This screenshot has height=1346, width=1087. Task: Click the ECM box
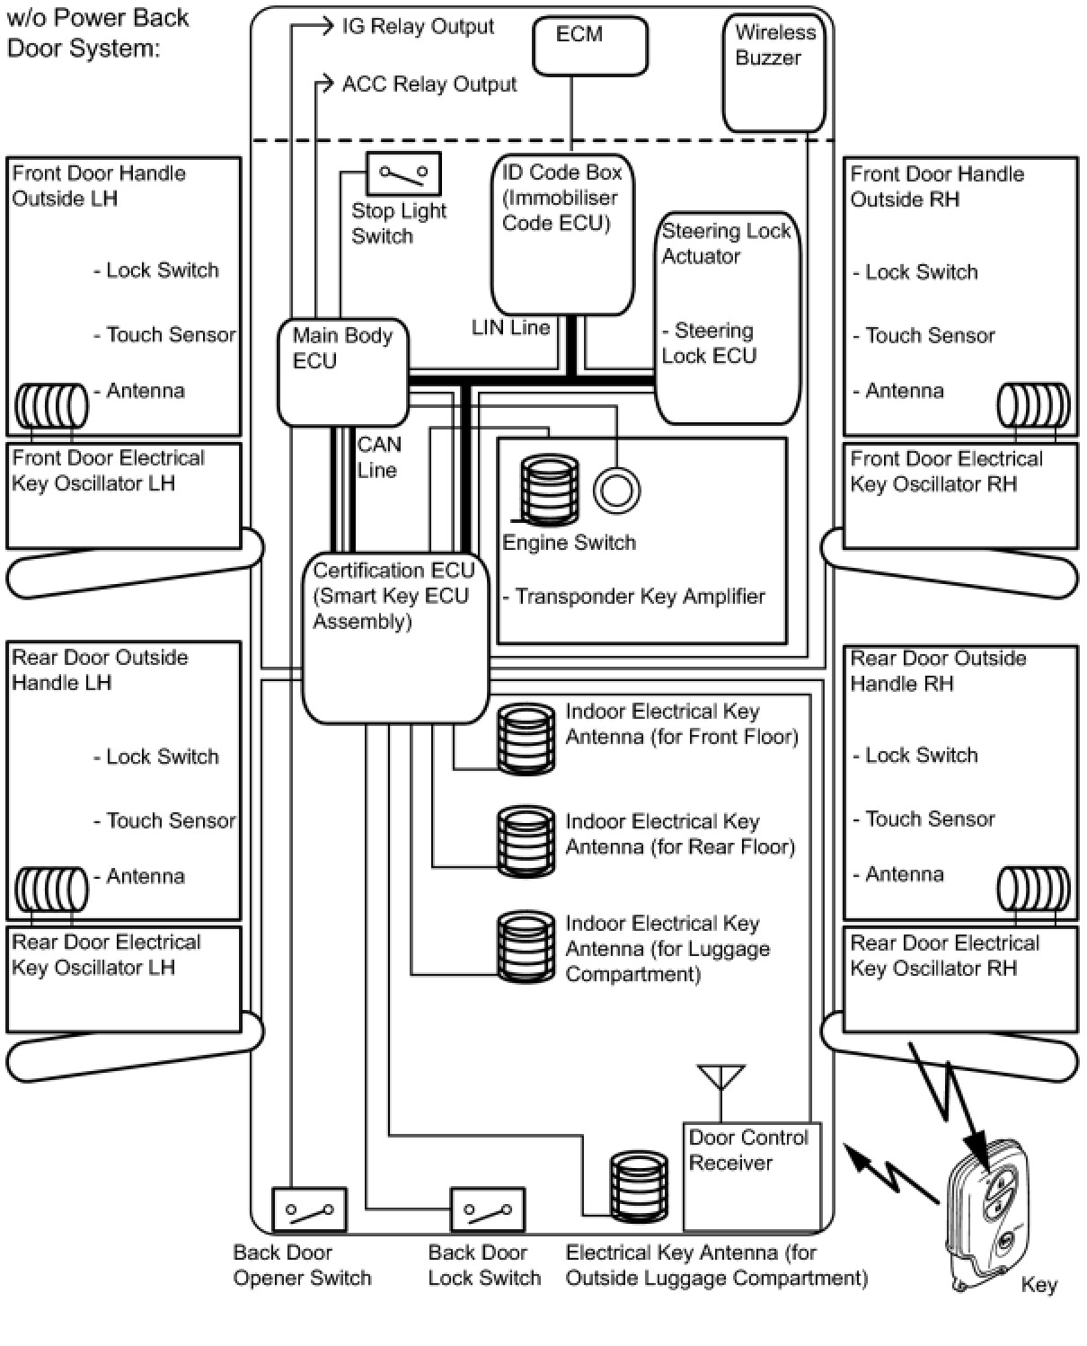coord(589,45)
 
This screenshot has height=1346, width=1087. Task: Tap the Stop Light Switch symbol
coord(403,173)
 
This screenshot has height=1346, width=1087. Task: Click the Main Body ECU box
coord(342,373)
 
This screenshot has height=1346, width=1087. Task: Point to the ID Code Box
coord(562,235)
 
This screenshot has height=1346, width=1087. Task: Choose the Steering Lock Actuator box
coord(727,317)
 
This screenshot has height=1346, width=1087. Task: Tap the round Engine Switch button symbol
coord(616,491)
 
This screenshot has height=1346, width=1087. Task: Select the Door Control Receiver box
coord(752,1176)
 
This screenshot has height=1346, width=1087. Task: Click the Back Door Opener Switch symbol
coord(309,1209)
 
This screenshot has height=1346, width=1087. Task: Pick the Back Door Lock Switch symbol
coord(487,1210)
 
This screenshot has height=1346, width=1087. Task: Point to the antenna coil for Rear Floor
coord(526,841)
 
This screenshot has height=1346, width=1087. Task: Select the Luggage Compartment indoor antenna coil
coord(526,945)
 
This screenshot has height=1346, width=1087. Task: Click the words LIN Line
coord(510,328)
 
